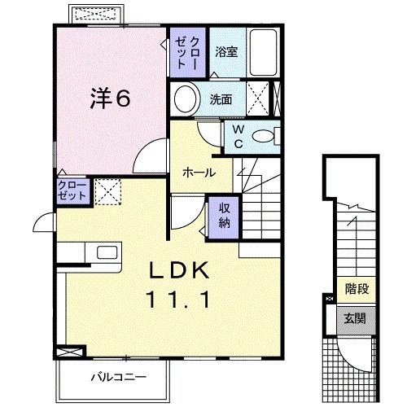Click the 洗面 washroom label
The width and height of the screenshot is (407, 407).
pyautogui.click(x=221, y=99)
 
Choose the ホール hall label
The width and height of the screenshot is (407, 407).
pyautogui.click(x=199, y=173)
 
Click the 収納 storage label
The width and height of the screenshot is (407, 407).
pyautogui.click(x=224, y=212)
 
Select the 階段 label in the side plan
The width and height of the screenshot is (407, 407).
pyautogui.click(x=356, y=288)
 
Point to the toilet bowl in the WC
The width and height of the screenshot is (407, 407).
pyautogui.click(x=264, y=136)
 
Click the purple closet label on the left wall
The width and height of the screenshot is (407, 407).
pyautogui.click(x=72, y=192)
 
